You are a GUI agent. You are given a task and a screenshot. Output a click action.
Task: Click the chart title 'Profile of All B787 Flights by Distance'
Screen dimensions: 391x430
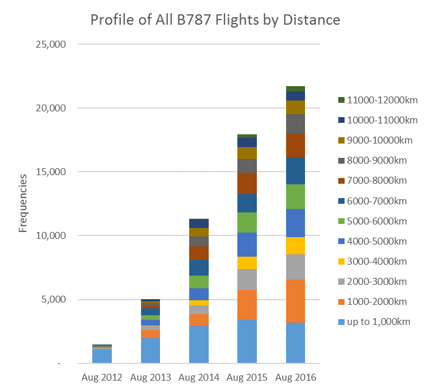215,20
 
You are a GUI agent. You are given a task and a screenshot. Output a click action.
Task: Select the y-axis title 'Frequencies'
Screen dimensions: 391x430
23,204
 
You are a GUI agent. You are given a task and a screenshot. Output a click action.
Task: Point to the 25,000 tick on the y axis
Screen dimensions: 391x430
52,44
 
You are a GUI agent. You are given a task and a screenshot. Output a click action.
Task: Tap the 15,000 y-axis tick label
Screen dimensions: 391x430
52,172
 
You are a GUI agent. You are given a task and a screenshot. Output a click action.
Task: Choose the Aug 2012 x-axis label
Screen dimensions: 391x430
101,378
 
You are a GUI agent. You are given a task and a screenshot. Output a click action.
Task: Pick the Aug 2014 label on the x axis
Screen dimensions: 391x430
198,378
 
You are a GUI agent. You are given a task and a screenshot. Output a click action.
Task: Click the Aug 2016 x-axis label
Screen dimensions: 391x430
295,378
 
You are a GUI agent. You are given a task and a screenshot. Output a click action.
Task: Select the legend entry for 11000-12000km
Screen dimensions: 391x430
379,100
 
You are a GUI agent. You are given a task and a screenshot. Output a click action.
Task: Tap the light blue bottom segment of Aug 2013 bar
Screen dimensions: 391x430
150,351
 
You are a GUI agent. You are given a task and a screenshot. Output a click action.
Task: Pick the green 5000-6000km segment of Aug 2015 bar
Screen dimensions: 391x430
247,222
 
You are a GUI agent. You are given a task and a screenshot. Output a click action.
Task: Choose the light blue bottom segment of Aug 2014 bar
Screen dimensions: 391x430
198,344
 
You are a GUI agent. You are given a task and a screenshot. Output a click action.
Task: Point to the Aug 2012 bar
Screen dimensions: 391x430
102,354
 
